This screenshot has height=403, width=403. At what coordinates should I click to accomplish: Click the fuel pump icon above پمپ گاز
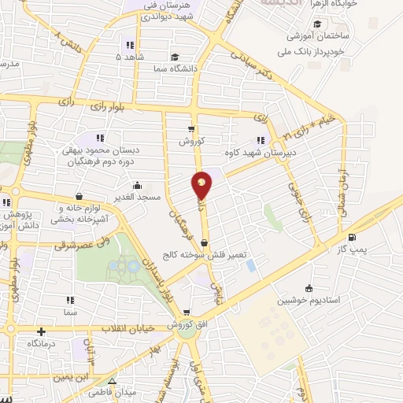pyautogui.click(x=351, y=238)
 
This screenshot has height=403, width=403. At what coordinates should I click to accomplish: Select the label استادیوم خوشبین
pyautogui.click(x=309, y=299)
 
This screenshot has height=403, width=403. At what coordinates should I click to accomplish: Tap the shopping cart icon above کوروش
pyautogui.click(x=191, y=129)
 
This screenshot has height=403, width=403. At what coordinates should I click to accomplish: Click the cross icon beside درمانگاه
pyautogui.click(x=40, y=332)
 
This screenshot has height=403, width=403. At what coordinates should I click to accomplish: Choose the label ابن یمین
pyautogui.click(x=71, y=376)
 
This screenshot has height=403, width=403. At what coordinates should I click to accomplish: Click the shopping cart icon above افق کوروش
pyautogui.click(x=187, y=312)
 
